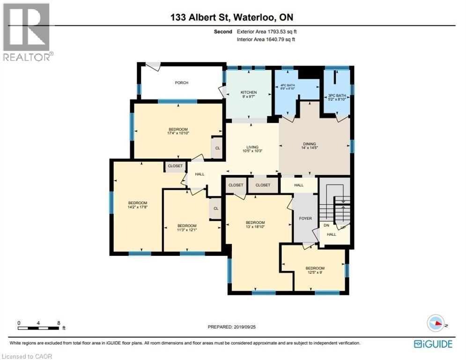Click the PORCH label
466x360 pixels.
(x=181, y=82)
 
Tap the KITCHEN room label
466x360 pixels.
(x=249, y=92)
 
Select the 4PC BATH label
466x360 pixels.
(x=288, y=85)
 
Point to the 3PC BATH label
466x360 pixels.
(x=337, y=96)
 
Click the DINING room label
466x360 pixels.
(x=310, y=144)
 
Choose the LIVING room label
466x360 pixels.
(x=252, y=147)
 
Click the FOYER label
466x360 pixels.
(x=305, y=218)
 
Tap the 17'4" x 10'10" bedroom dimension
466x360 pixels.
(x=178, y=133)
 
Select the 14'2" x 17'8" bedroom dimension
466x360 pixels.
(x=138, y=207)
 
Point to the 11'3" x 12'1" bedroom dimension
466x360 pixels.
(x=187, y=230)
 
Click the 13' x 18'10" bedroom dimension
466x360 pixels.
(x=255, y=227)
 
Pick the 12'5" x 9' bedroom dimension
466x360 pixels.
(x=315, y=272)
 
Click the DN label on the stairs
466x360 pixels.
(x=326, y=225)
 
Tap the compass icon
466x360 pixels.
(x=436, y=323)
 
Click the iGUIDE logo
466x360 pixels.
(x=433, y=344)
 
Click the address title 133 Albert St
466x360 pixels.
(x=200, y=17)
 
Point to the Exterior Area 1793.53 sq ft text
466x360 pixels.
(x=266, y=31)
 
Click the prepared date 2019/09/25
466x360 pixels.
(x=244, y=327)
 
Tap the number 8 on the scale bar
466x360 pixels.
(x=59, y=323)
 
